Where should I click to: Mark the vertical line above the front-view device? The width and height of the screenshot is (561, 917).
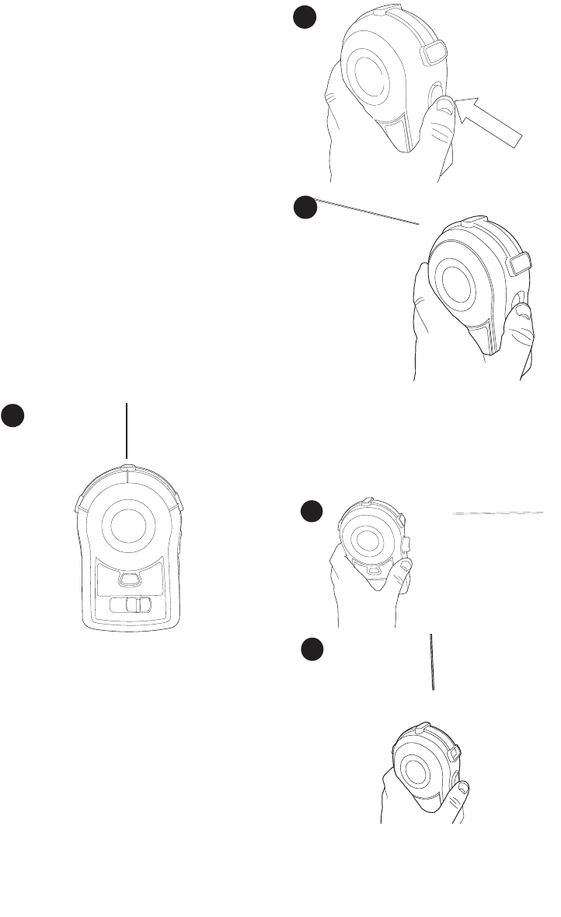click(x=126, y=432)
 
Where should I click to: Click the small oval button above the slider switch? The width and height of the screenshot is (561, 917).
click(x=128, y=579)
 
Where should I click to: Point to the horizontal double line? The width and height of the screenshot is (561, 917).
click(x=497, y=513)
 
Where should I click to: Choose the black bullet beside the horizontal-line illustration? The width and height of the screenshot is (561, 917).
click(x=312, y=512)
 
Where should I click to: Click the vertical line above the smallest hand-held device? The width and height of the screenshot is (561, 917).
click(x=431, y=661)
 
